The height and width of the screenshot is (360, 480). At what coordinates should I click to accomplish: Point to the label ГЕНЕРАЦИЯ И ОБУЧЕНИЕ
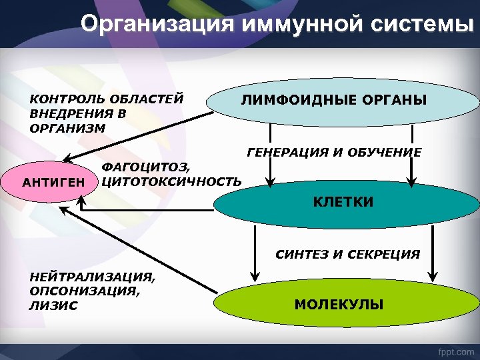333,153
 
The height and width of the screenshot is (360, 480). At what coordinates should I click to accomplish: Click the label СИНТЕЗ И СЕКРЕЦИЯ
347,254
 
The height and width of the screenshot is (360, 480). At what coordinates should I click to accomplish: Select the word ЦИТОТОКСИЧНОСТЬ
170,181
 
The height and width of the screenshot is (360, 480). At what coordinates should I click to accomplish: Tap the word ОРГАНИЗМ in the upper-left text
67,128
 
